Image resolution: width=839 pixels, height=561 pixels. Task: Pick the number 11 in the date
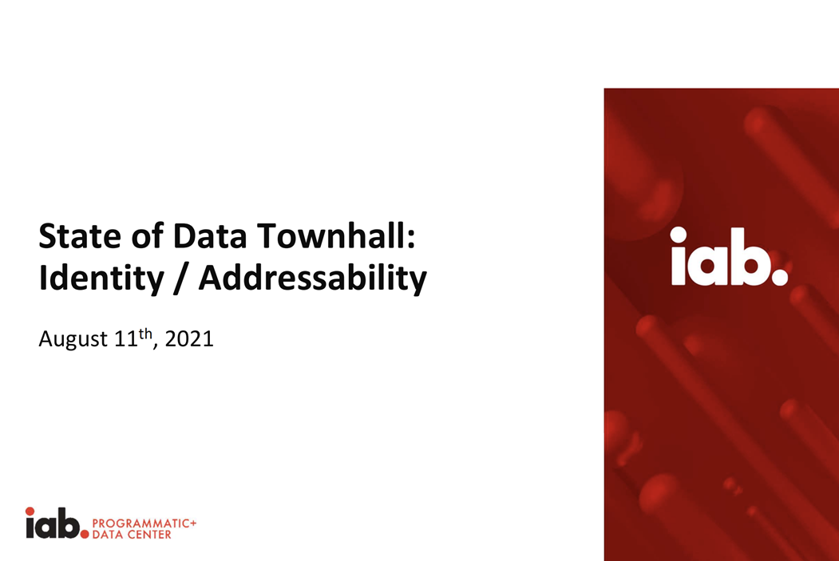coord(125,340)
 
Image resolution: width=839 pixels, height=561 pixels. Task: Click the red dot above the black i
coord(30,511)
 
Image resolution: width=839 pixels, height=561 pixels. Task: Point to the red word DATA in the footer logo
coord(108,535)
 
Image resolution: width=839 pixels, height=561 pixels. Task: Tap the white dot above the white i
coord(678,233)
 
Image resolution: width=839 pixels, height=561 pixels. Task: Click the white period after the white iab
coord(779,278)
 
